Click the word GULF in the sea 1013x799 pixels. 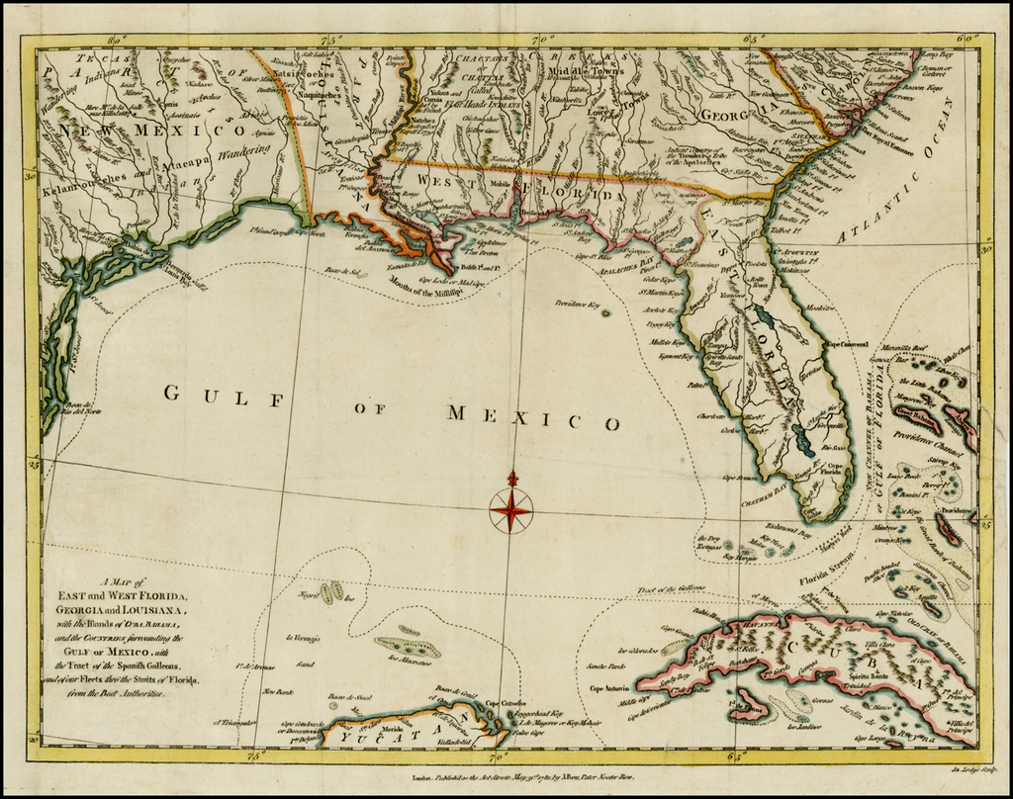[x=224, y=396]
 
